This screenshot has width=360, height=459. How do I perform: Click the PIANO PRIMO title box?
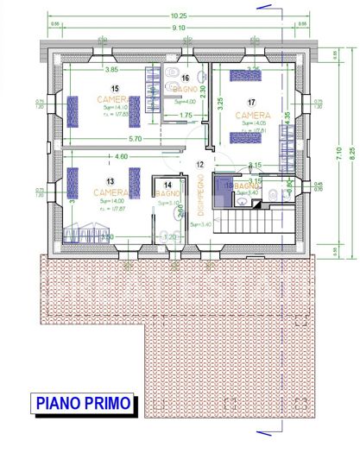83,403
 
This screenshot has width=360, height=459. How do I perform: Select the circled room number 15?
116,88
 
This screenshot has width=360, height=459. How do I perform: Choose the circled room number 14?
167,185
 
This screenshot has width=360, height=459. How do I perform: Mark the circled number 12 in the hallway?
199,164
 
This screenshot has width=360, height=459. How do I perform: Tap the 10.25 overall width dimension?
179,16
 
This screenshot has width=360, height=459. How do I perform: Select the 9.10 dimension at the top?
179,28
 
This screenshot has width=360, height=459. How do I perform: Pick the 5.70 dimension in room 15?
111,138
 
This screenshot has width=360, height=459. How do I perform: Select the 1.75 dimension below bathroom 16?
185,115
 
